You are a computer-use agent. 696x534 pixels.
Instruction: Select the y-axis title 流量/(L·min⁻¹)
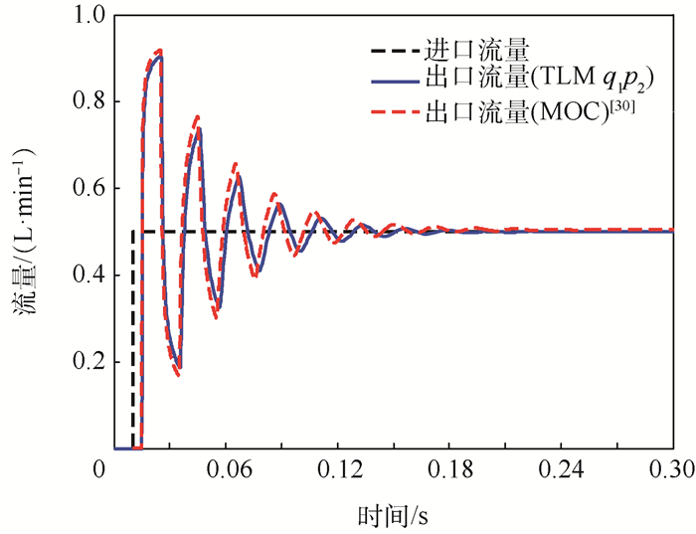tap(27, 233)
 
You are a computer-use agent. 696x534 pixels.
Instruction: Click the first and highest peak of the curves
tap(158, 52)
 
